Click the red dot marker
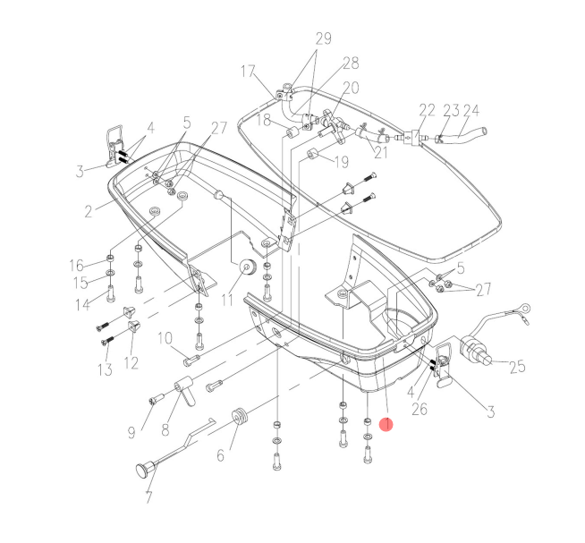coord(386,426)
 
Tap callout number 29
coord(323,38)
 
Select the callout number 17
coord(248,71)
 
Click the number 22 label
coord(427,111)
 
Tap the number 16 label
coord(76,265)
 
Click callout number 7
coord(148,498)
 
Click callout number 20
coord(350,88)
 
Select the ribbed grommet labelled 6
coord(239,418)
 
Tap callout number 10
coord(165,338)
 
